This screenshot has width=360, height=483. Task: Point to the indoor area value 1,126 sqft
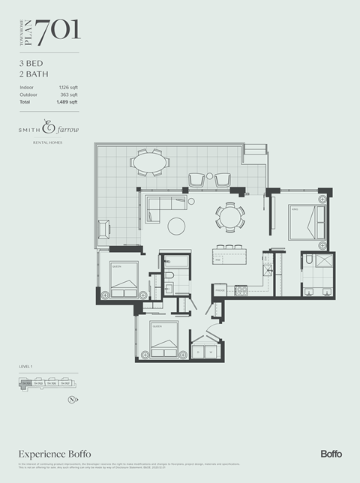click(68, 88)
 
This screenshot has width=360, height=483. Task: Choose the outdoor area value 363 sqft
click(69, 94)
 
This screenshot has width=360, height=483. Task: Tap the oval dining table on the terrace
click(149, 161)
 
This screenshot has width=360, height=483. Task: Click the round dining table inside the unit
click(229, 217)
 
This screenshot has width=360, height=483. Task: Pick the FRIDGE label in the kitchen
click(220, 287)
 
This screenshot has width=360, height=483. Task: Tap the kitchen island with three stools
click(229, 256)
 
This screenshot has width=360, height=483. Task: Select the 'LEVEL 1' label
click(27, 367)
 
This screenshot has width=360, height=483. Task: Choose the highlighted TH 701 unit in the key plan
click(28, 383)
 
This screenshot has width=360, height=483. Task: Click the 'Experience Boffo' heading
click(55, 454)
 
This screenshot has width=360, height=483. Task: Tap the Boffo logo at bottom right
click(331, 454)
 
